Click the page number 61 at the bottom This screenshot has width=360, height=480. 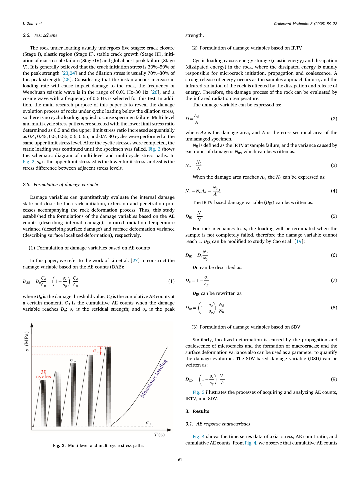pyautogui.click(x=180, y=460)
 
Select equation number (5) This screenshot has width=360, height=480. pyautogui.click(x=334, y=216)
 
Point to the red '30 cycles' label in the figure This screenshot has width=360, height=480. pyautogui.click(x=44, y=374)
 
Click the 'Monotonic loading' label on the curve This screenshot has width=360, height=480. pyautogui.click(x=154, y=379)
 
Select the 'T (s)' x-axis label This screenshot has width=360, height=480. pyautogui.click(x=159, y=435)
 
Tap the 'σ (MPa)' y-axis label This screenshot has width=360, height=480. pyautogui.click(x=27, y=341)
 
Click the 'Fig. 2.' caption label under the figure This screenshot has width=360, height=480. pyautogui.click(x=59, y=446)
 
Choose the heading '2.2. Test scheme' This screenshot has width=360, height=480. pyautogui.click(x=40, y=35)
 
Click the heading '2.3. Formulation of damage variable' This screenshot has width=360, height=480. pyautogui.click(x=60, y=185)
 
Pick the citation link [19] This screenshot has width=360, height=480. pyautogui.click(x=299, y=241)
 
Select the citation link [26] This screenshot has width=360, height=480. pyautogui.click(x=155, y=92)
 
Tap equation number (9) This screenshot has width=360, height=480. pyautogui.click(x=334, y=379)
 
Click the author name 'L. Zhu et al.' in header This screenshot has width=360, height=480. pyautogui.click(x=32, y=24)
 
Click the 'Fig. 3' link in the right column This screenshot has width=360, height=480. pyautogui.click(x=198, y=392)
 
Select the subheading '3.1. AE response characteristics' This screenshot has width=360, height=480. pyautogui.click(x=218, y=424)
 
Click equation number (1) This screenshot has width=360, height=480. pyautogui.click(x=171, y=281)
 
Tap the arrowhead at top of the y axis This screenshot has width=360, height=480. pyautogui.click(x=32, y=325)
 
